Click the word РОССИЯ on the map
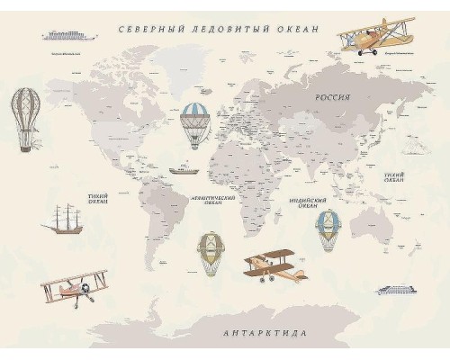pyautogui.click(x=332, y=96)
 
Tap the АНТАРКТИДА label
pyautogui.click(x=265, y=333)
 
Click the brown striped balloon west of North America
pyautogui.click(x=23, y=116)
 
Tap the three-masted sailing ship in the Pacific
pyautogui.click(x=66, y=219)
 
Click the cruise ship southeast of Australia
pyautogui.click(x=397, y=289)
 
